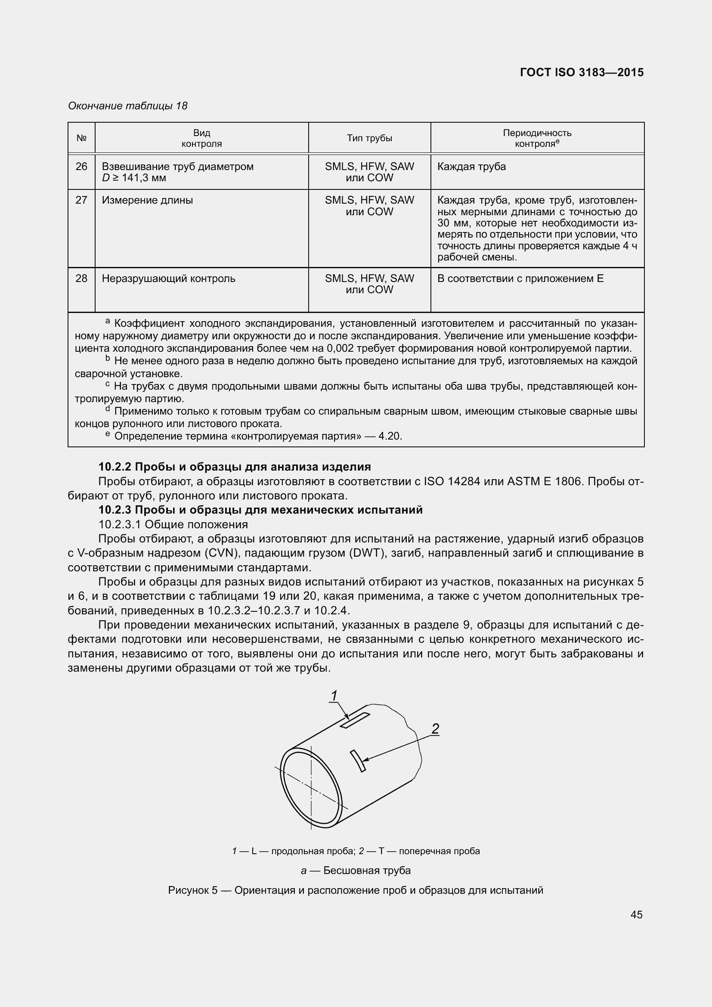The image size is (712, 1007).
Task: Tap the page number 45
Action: (636, 914)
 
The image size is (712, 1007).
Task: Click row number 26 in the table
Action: (81, 167)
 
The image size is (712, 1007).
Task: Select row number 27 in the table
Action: (81, 201)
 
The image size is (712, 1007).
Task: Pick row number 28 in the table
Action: (81, 279)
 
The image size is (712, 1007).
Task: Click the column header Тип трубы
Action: (369, 138)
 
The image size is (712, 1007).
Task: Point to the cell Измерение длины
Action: (147, 201)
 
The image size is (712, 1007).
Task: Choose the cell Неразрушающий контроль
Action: (168, 279)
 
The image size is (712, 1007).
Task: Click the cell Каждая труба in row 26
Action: (471, 167)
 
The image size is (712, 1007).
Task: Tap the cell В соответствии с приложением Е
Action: (520, 279)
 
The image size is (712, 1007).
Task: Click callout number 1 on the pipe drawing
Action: (334, 696)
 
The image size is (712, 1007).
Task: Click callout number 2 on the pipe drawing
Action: (435, 729)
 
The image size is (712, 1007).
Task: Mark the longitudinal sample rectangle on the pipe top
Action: (355, 721)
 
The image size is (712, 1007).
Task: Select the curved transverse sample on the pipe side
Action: (358, 760)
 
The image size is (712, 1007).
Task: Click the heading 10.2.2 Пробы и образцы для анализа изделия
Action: (235, 467)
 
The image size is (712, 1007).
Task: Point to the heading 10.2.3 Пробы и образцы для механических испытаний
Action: (260, 510)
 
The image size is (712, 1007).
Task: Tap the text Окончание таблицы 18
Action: (127, 106)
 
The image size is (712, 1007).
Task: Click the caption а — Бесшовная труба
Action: (356, 871)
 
